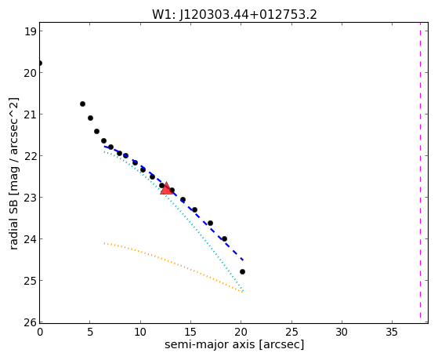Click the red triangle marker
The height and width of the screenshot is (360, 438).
tap(166, 188)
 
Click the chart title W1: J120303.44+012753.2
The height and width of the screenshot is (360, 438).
tap(234, 15)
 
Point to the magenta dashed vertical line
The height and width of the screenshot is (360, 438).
tap(420, 173)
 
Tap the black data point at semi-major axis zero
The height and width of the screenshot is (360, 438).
tap(40, 63)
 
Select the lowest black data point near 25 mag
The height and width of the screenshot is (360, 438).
tap(242, 271)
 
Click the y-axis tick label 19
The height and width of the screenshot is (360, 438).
tap(31, 31)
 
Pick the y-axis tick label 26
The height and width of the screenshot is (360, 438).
tap(31, 322)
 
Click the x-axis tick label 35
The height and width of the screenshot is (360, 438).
tap(392, 332)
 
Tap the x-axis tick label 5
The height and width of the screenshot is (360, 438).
tap(90, 332)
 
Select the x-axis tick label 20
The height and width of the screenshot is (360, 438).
tap(241, 332)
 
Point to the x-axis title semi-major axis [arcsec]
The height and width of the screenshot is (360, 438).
tap(234, 344)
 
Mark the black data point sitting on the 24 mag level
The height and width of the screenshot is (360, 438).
tap(224, 238)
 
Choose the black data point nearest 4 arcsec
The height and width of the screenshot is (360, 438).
tap(82, 104)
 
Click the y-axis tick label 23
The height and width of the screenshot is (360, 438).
tap(31, 198)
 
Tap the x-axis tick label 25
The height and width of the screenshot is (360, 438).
tap(291, 332)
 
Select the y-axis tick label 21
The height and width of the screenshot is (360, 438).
tap(31, 115)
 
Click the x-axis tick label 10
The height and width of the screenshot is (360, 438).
tap(140, 332)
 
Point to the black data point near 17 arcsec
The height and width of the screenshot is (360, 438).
tap(210, 223)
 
